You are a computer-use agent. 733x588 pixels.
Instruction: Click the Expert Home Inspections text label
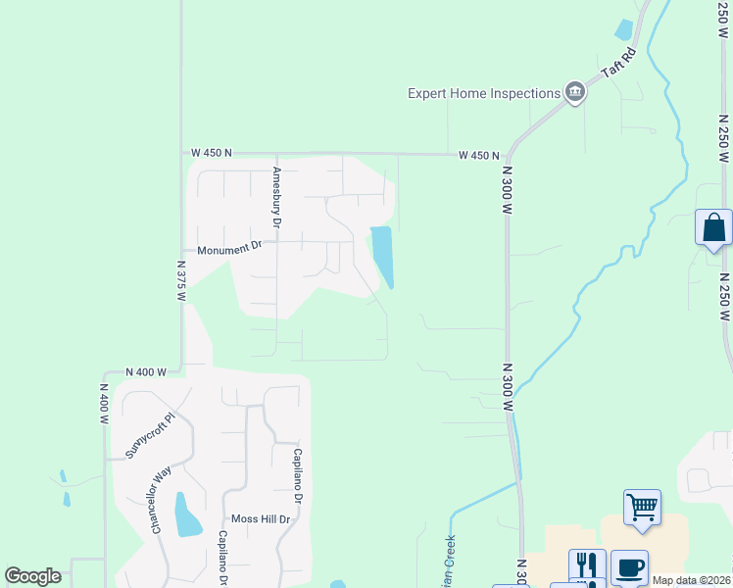pos(483,93)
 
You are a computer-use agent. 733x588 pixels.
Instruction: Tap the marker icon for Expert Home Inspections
pos(574,93)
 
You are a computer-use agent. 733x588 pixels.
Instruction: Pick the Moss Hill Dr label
pos(261,518)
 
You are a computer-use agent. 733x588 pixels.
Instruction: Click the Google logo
pos(32,576)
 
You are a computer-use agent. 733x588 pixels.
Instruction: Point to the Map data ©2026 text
pos(691,580)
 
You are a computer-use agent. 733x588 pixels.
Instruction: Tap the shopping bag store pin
pos(713,228)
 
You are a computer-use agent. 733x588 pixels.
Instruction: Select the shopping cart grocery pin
pos(642,508)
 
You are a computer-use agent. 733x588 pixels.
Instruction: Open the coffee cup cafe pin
pos(627,566)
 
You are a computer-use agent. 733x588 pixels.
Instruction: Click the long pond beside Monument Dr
pos(382,255)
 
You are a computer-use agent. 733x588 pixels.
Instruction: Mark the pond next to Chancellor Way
pos(184,514)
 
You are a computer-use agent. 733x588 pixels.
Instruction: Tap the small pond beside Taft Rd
pos(624,29)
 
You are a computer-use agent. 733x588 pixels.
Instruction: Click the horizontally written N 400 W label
pos(147,372)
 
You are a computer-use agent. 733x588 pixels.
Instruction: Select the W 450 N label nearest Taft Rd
pos(479,155)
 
